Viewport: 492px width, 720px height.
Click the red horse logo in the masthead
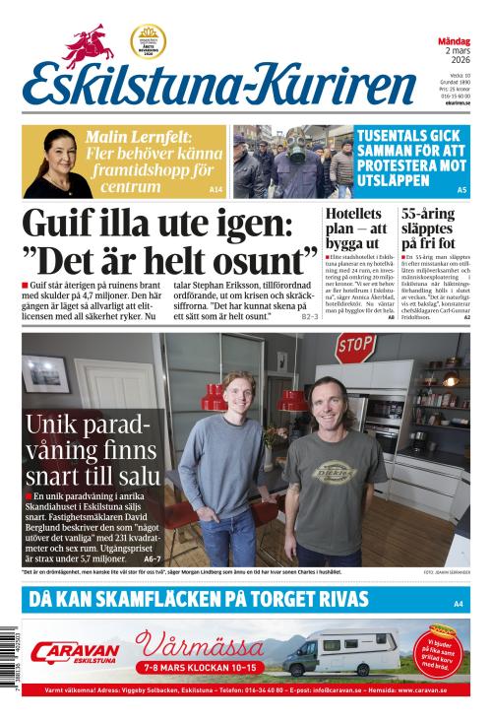tap(90, 45)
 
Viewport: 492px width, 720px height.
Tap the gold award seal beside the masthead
tap(148, 42)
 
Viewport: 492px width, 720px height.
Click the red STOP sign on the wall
tap(355, 346)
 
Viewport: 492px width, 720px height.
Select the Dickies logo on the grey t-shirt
tap(337, 471)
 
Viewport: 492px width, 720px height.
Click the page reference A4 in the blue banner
tap(458, 602)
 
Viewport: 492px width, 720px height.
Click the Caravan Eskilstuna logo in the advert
tap(75, 652)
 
